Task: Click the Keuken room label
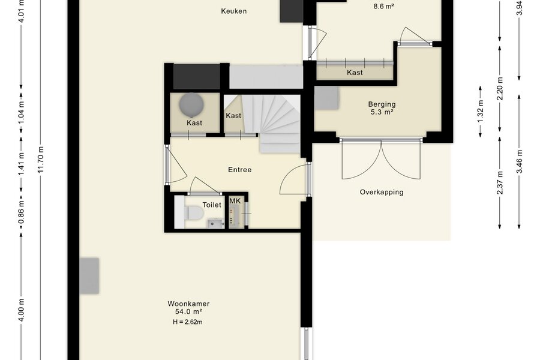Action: (234, 11)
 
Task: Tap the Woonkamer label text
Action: (189, 304)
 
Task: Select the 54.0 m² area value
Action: (188, 312)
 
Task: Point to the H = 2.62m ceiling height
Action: (188, 322)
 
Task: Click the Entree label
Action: (239, 169)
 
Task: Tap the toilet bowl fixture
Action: (193, 212)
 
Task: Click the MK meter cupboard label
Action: (235, 201)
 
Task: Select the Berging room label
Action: (382, 104)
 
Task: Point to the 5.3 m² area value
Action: (382, 112)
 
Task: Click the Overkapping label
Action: (382, 192)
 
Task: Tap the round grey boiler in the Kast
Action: (191, 104)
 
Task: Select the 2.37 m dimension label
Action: (500, 182)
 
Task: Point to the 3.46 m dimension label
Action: (520, 161)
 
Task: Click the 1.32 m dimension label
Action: (481, 111)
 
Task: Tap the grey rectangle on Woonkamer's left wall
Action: (89, 276)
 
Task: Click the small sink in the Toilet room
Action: (216, 223)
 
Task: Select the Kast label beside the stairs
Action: (233, 116)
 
